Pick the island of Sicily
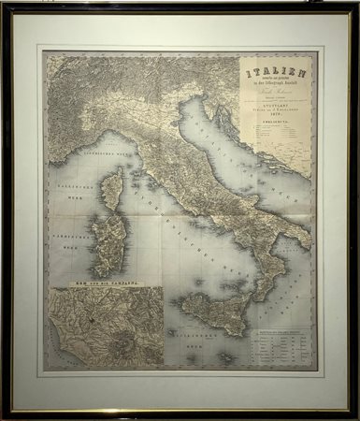point(210,311)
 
